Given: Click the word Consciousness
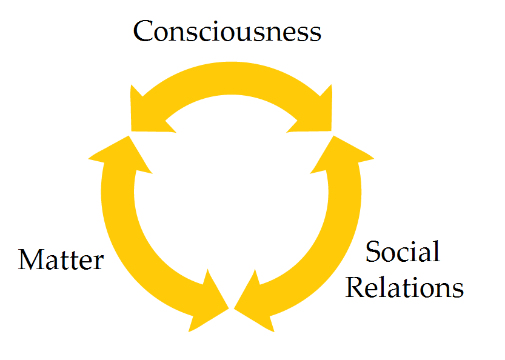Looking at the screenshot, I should click(x=227, y=32).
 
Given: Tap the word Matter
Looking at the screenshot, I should click(x=61, y=260).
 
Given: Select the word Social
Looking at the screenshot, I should click(x=403, y=252).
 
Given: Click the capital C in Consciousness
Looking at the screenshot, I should click(x=145, y=32).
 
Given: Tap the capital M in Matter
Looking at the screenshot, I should click(x=30, y=260).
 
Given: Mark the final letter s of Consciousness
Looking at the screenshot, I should click(x=314, y=34).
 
